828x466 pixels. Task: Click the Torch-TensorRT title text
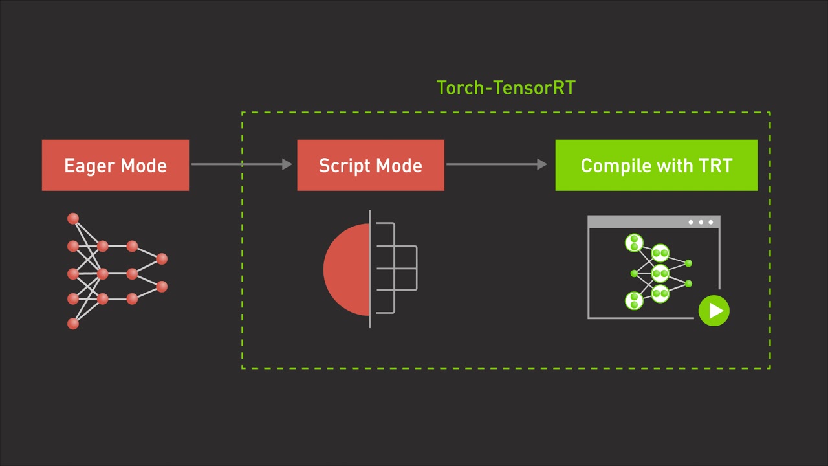click(505, 88)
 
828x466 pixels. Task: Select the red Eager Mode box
click(115, 166)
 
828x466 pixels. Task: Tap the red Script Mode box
click(371, 166)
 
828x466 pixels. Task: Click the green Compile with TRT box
click(656, 166)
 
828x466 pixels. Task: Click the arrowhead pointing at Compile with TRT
click(543, 164)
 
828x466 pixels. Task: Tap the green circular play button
click(714, 311)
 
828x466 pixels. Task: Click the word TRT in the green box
click(715, 166)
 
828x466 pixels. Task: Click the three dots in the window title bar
click(701, 223)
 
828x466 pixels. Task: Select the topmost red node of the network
click(73, 219)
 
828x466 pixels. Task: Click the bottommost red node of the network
click(73, 324)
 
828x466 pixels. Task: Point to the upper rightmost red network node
click(162, 259)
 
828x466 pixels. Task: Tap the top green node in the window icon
click(634, 243)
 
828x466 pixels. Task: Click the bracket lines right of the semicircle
click(396, 268)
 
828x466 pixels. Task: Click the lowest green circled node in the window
click(634, 300)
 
